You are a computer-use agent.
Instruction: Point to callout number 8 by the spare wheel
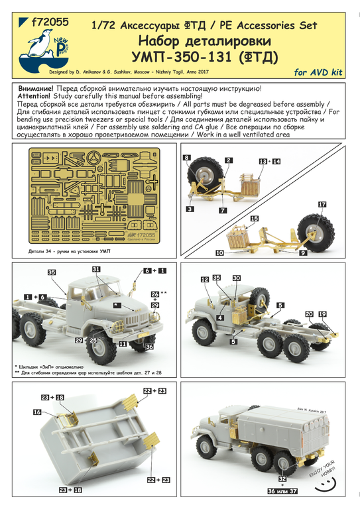click(186, 158)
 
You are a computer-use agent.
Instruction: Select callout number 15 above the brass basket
click(254, 218)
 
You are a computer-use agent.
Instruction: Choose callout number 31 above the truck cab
click(96, 269)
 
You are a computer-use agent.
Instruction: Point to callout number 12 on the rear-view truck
click(205, 280)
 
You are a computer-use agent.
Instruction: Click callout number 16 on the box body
click(36, 412)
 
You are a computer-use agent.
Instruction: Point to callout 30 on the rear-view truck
click(237, 280)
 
